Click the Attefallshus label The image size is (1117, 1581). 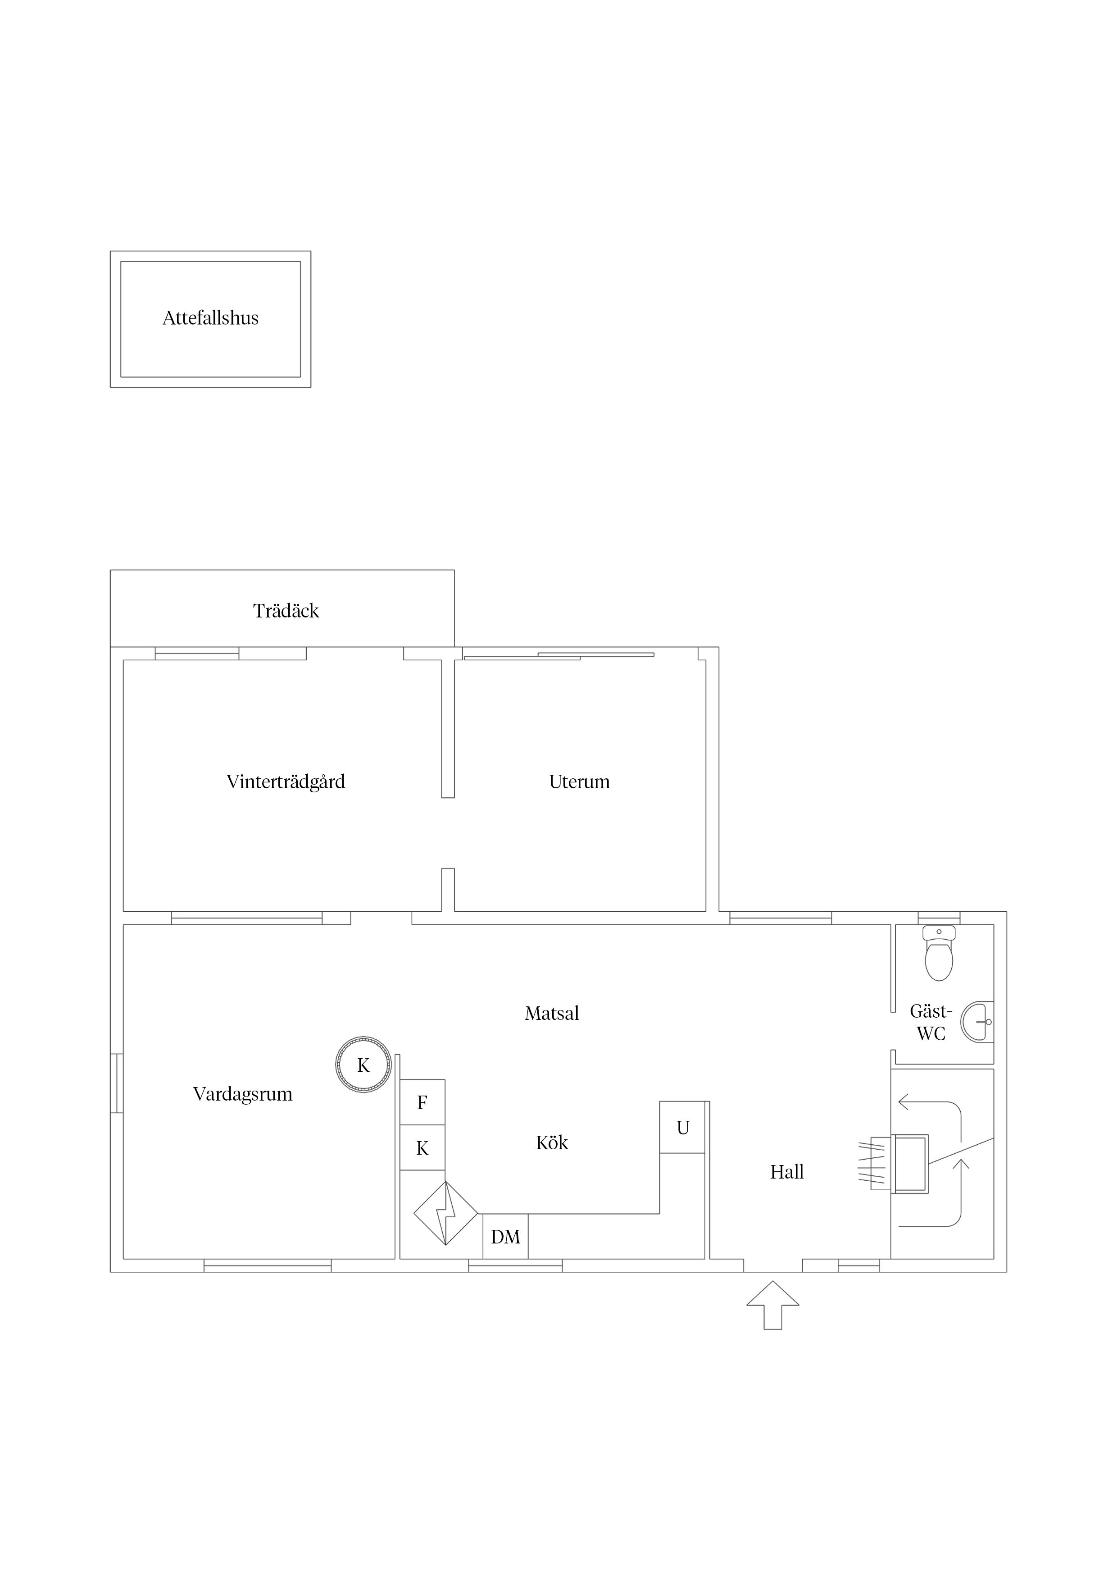point(211,318)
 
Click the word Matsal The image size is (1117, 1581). point(552,1014)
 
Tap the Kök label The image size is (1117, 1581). point(552,1143)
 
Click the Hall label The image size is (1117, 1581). point(787,1172)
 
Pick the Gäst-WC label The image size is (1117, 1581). point(931,1022)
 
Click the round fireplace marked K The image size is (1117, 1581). point(363,1065)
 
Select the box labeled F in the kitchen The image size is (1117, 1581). point(422,1102)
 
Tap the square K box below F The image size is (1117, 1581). point(422,1148)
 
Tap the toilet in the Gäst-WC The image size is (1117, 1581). point(939,953)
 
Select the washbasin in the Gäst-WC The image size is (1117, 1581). point(978,1022)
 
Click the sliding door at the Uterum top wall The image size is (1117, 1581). point(559,656)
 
